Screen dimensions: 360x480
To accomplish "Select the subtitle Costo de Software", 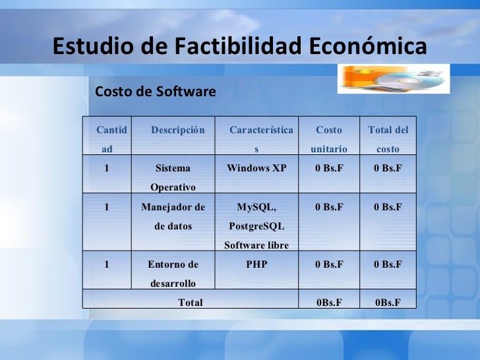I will [156, 92].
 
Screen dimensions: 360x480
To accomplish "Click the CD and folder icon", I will [394, 78].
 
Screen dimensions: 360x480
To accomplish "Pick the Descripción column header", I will [177, 130].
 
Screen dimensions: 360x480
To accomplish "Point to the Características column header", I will [261, 139].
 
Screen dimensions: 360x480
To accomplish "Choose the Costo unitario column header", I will [329, 139].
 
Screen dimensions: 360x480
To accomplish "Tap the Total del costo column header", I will [388, 139].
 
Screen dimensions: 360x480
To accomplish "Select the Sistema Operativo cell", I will [173, 177].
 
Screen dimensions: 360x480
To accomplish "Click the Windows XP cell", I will [256, 168].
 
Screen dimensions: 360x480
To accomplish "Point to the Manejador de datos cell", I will [173, 216].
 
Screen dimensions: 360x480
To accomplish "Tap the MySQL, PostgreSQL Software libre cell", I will [256, 226].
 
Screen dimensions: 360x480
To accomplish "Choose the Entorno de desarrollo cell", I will [173, 274].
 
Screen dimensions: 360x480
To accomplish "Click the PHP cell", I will [256, 264].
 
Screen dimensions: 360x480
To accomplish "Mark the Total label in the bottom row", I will [191, 303].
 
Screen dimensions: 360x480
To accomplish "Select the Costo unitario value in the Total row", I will [329, 303].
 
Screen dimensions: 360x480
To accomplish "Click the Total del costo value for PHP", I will [388, 264].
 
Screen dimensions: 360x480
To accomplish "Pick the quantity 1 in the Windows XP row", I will [107, 168].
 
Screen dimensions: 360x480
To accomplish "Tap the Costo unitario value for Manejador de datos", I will [329, 207].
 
